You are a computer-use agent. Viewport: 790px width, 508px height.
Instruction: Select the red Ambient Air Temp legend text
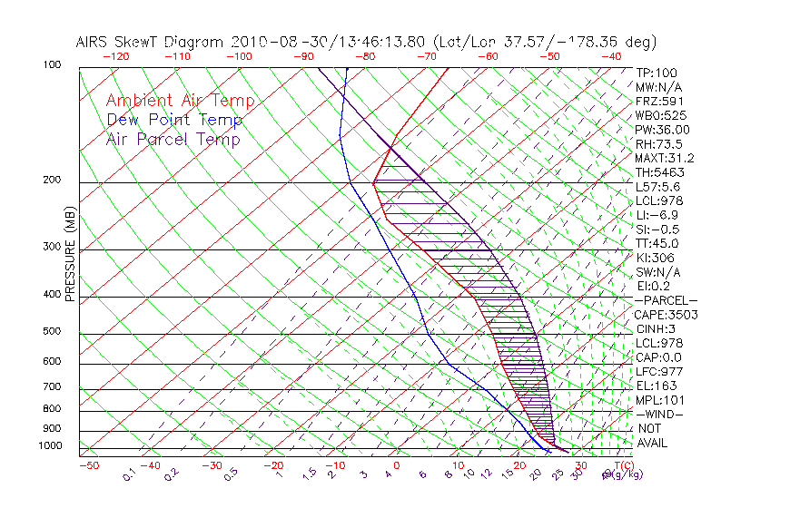[180, 102]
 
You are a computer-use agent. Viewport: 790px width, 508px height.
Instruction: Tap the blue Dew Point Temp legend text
[174, 121]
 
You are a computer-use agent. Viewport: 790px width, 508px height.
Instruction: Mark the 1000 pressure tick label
[50, 446]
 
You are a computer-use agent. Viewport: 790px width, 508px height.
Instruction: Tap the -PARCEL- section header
[667, 300]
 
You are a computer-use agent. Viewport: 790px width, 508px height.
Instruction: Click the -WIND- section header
[660, 414]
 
